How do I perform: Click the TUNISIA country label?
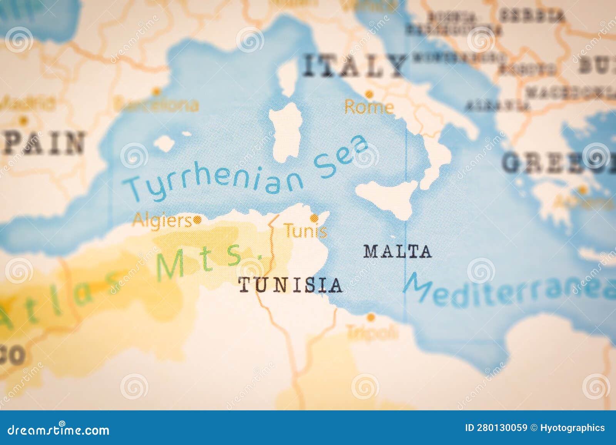point(290,285)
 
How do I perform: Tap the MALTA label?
point(397,252)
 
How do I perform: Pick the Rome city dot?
point(369,94)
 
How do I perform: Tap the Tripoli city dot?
point(370,318)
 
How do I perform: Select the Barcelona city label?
point(157,104)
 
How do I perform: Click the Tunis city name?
point(306,231)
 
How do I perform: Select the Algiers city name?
point(162,221)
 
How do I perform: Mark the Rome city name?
point(369,107)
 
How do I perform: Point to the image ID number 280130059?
point(509,428)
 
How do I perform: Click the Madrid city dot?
point(23,120)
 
